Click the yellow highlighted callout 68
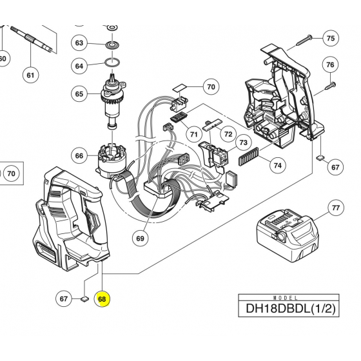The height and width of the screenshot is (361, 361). tap(101, 299)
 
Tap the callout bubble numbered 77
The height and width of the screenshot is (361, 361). tap(335, 208)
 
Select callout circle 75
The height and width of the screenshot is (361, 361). tap(331, 38)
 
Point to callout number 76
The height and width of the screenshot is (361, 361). tap(331, 65)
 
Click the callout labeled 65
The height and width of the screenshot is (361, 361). tap(79, 94)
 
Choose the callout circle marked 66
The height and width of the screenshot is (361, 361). tap(79, 155)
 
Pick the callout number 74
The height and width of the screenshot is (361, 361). tap(277, 165)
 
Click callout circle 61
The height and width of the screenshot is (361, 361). tap(30, 75)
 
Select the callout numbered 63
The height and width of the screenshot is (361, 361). tap(79, 43)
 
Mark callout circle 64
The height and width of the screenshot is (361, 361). tap(79, 66)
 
